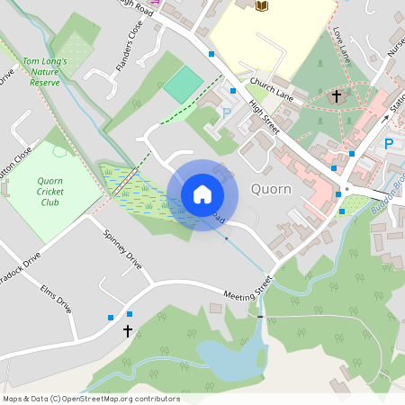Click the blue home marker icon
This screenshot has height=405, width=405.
pyautogui.click(x=202, y=193)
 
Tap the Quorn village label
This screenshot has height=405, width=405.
pyautogui.click(x=271, y=189)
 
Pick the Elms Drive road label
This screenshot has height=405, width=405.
pyautogui.click(x=56, y=299)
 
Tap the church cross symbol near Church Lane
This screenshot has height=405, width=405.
pyautogui.click(x=337, y=95)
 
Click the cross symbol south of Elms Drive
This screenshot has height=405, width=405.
pyautogui.click(x=127, y=331)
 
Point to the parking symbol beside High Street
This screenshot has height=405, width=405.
pyautogui.click(x=227, y=114)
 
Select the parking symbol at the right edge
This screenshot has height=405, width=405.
pyautogui.click(x=389, y=143)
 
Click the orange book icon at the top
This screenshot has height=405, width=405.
pyautogui.click(x=262, y=6)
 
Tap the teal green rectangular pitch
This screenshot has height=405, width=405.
pyautogui.click(x=184, y=84)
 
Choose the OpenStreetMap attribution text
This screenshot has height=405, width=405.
pyautogui.click(x=91, y=399)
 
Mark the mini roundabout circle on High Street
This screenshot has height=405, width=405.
pyautogui.click(x=346, y=190)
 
